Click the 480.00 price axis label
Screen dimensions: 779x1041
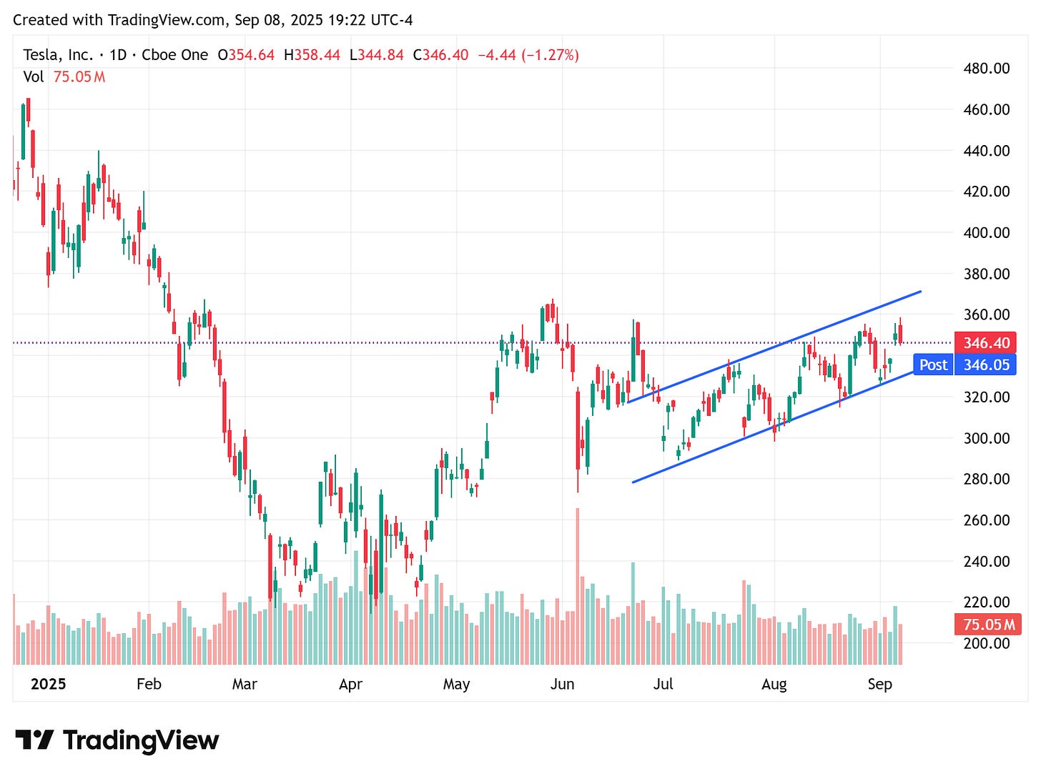[986, 69]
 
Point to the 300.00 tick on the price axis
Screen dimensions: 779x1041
[986, 438]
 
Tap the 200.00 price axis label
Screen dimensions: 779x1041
[986, 643]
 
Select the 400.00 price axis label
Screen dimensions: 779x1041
[986, 232]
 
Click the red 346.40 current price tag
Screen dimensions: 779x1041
[986, 343]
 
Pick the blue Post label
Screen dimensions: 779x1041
[933, 365]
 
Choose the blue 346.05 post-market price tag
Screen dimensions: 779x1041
[986, 365]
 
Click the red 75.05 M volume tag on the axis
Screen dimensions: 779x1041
[988, 625]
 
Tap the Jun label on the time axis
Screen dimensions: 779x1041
[562, 684]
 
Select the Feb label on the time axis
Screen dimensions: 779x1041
[149, 684]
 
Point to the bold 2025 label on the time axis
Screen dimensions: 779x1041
[48, 684]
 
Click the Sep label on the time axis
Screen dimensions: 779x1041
[879, 684]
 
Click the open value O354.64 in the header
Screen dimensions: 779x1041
[246, 55]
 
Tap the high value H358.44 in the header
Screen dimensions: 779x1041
[312, 55]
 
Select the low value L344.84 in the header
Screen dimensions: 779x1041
[377, 55]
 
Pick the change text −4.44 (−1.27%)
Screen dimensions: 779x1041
[528, 55]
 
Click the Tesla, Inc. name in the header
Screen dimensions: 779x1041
[58, 55]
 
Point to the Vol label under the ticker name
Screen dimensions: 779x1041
[34, 76]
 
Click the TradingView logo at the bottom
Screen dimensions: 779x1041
[117, 740]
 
